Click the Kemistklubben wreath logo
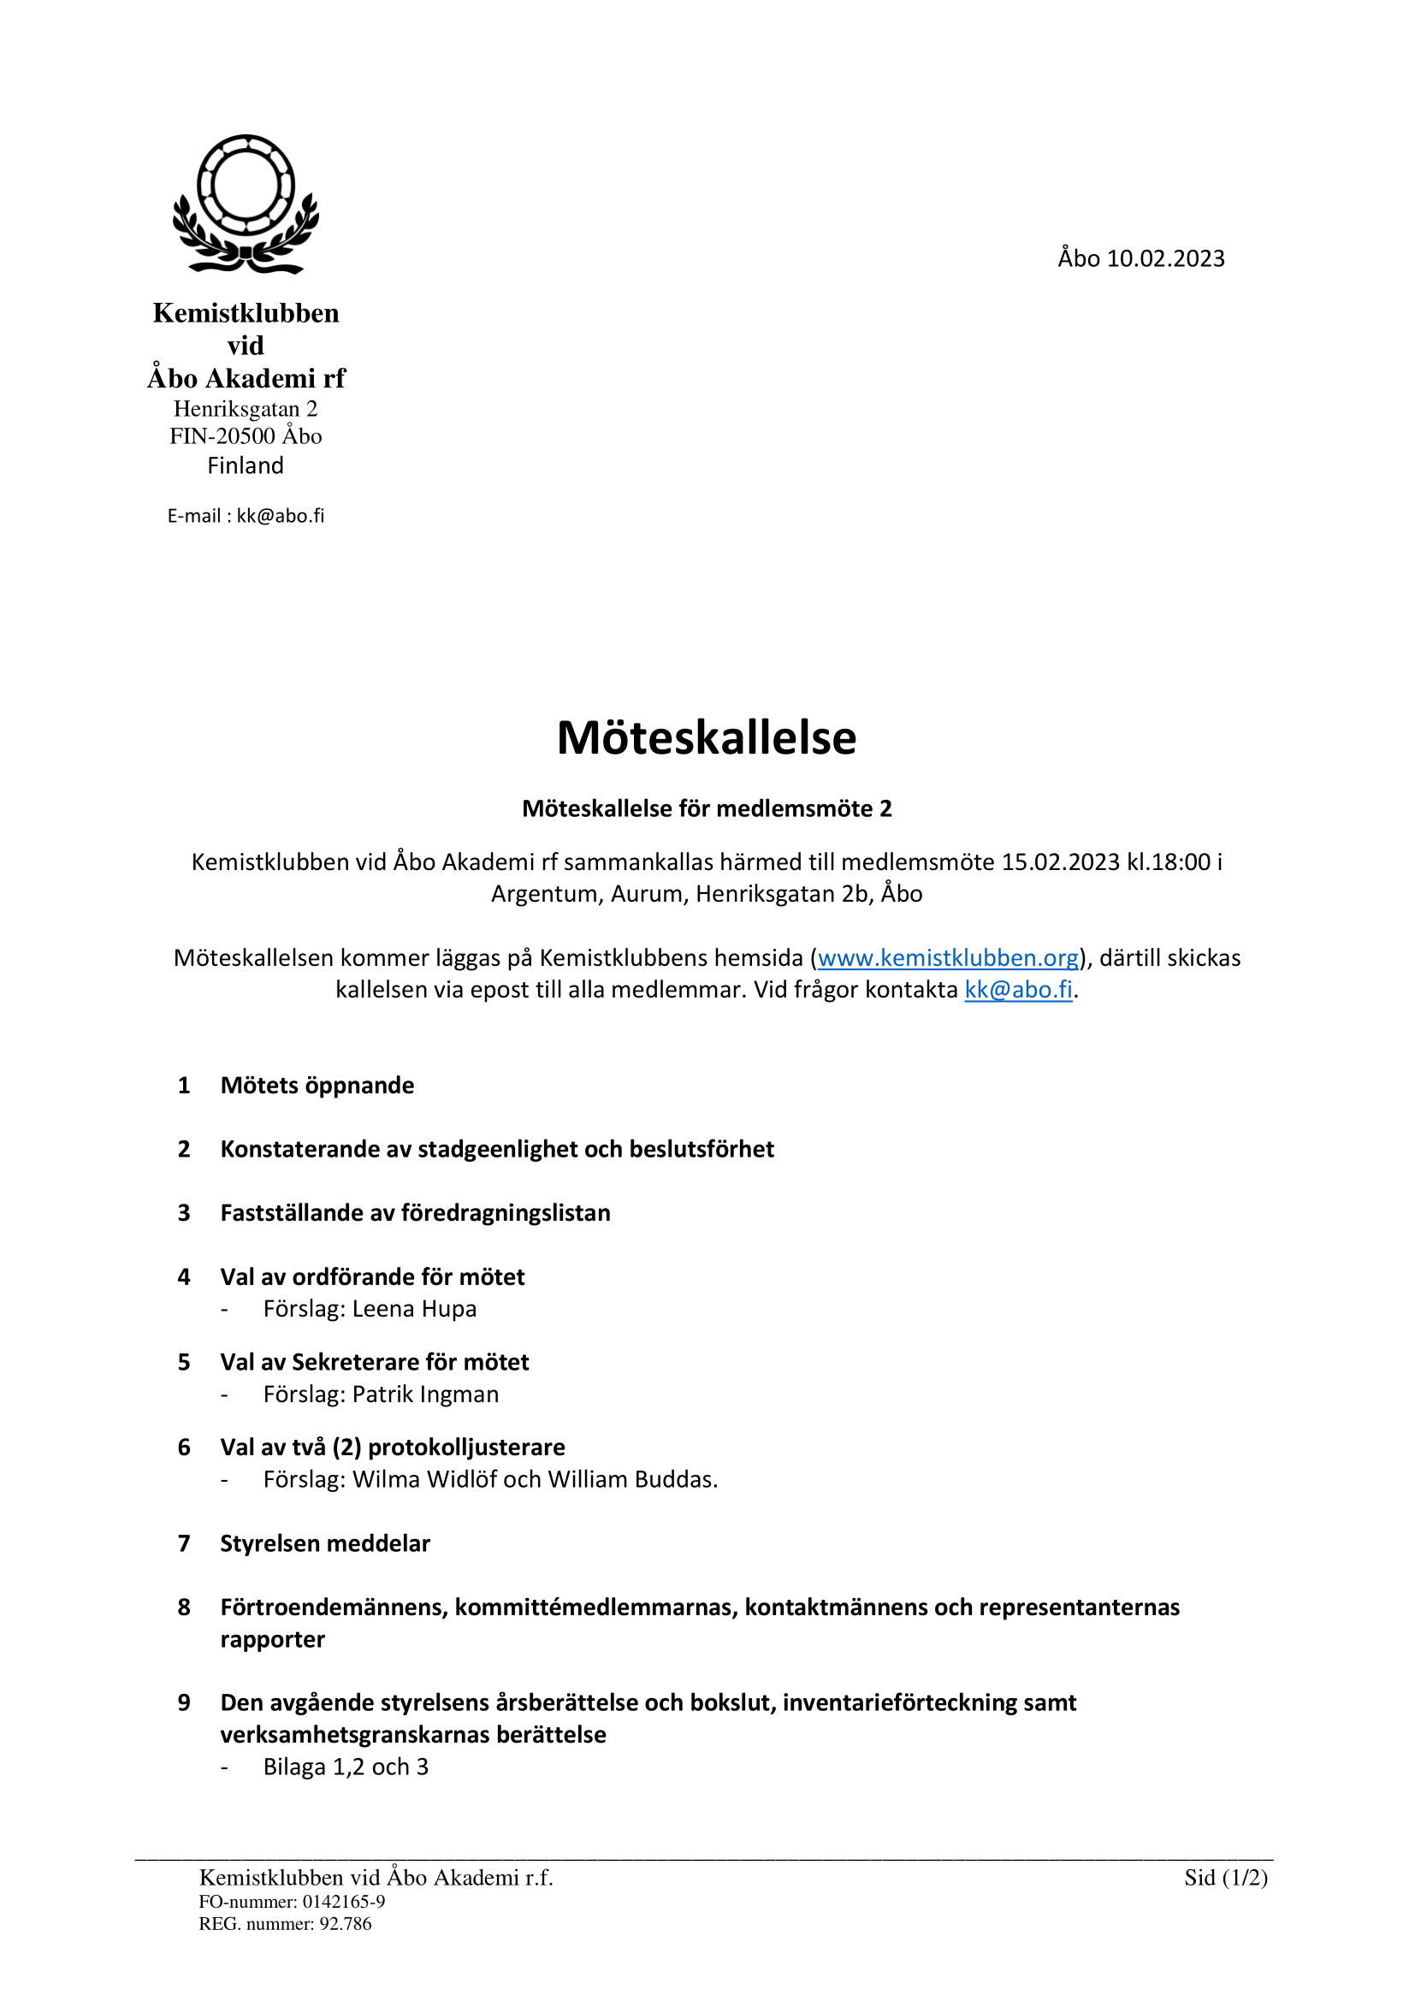point(246,204)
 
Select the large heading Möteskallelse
point(707,737)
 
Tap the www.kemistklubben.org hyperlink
point(948,958)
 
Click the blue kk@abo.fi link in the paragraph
point(1018,990)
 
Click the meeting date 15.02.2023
point(1059,862)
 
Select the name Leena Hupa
point(414,1309)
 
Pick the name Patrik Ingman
point(425,1394)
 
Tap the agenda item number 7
point(184,1543)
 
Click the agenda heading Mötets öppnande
point(317,1085)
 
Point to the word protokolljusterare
point(466,1447)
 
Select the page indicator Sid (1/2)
point(1225,1877)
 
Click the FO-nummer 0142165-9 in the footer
point(292,1902)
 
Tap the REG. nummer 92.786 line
point(285,1923)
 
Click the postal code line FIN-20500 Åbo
point(246,435)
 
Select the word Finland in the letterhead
point(246,465)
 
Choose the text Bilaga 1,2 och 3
point(346,1767)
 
